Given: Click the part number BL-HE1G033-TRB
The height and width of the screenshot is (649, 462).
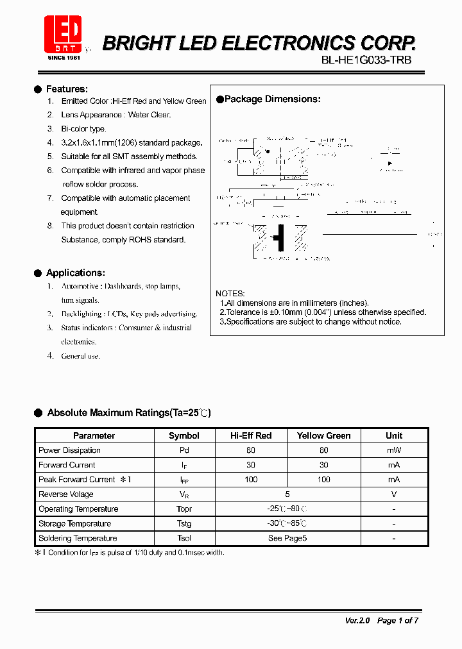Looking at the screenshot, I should point(366,60).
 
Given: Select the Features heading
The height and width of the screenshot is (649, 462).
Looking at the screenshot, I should point(67,89).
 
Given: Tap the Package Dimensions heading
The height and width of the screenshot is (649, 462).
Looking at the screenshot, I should point(272,99).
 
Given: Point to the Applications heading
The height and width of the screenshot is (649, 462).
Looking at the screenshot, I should point(76,273).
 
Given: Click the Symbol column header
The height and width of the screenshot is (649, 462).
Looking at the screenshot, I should point(184,435).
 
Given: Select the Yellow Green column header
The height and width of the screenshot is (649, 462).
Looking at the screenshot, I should point(323,435).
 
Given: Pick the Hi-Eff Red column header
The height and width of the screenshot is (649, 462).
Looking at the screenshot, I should point(251,435).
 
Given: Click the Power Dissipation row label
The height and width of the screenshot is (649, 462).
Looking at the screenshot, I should point(69,450).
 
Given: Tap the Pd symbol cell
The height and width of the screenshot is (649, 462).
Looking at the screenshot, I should point(184,450).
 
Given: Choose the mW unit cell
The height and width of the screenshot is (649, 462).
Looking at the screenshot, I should point(393,450).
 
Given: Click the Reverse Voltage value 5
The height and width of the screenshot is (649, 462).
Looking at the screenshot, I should point(287,494).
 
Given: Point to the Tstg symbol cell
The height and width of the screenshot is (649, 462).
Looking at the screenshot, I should point(184,524).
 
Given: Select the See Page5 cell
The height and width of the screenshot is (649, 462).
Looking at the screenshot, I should point(287,539).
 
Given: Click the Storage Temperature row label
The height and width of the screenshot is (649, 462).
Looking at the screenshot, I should point(74,524).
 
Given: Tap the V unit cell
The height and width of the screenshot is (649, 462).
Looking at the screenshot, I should point(393,494).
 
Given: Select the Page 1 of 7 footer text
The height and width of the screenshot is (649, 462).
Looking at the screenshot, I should point(398,621).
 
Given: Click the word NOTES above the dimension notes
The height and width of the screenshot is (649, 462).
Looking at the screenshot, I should point(230,294).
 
